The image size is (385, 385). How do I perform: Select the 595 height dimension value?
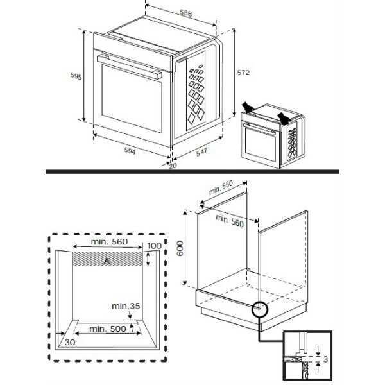(x=76, y=76)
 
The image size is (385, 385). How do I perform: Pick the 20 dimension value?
(x=172, y=166)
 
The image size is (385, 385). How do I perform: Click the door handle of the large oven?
(x=128, y=67)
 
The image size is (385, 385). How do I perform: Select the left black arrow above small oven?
(x=248, y=107)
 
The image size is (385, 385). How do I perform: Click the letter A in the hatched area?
(x=107, y=259)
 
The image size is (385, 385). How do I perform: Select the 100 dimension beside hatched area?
(x=155, y=246)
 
